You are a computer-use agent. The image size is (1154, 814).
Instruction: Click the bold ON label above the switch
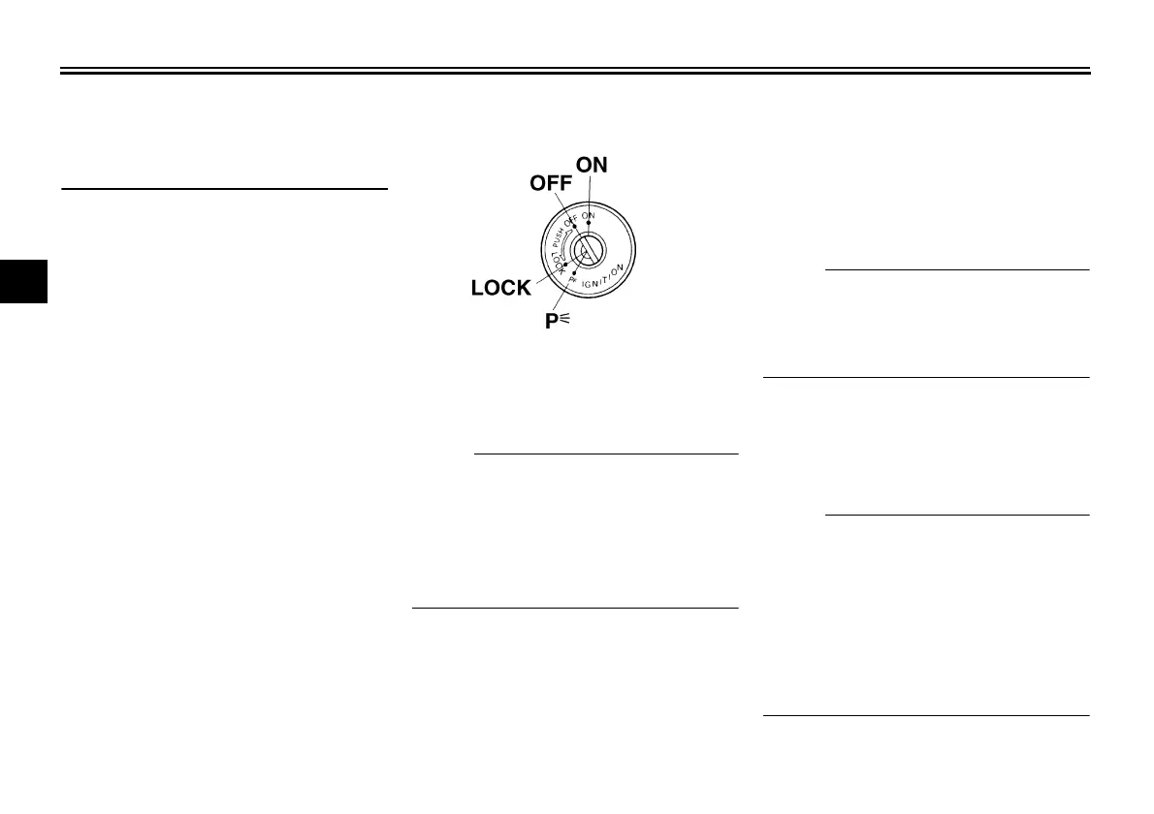(592, 165)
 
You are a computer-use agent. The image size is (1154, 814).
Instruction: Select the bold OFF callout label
(550, 183)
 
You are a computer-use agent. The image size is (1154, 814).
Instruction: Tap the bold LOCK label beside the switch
(500, 288)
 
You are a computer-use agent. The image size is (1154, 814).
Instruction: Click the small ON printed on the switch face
(589, 215)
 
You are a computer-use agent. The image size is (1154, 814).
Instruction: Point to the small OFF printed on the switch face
(570, 219)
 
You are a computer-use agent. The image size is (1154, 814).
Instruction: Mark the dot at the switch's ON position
(589, 223)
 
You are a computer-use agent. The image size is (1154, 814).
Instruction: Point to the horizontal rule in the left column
(224, 188)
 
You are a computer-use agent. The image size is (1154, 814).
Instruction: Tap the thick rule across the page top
(576, 71)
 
